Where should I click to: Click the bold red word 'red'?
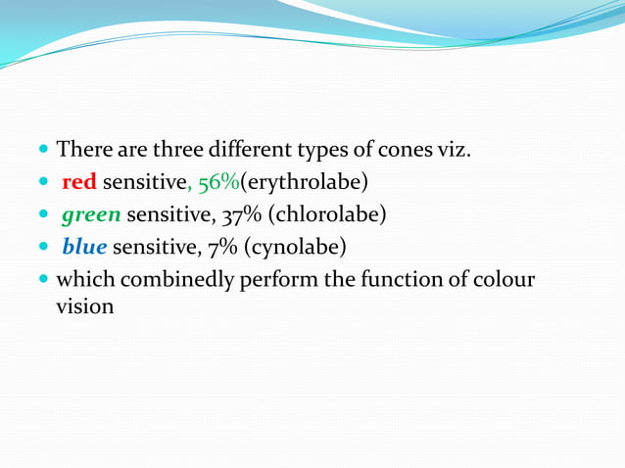pos(78,182)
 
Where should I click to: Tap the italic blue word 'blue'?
pos(83,247)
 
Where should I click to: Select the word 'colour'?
pos(504,279)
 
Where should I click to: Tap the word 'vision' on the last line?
pos(85,306)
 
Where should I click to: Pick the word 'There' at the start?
pos(80,151)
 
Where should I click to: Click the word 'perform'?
pos(274,280)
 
